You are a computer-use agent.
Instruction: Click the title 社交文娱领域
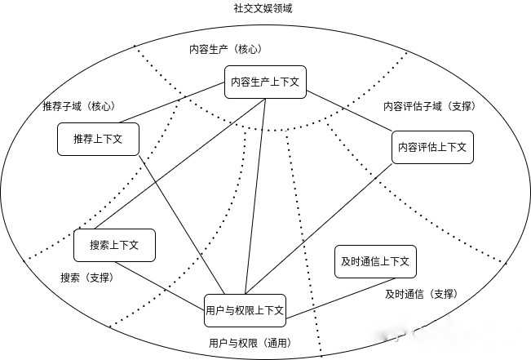point(262,8)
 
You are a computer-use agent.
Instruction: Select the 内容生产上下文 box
point(265,82)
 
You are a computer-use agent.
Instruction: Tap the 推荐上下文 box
point(97,139)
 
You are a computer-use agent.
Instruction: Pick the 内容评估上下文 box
point(432,147)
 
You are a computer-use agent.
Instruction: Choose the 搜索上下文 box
point(114,245)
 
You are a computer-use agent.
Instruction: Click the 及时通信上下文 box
point(376,261)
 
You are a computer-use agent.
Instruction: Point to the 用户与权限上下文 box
point(245,310)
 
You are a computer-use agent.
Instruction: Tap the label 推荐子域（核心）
point(79,106)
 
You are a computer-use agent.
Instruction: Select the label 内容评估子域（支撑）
point(429,106)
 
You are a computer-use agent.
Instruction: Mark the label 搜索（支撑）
point(86,278)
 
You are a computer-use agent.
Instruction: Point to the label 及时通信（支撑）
point(420,294)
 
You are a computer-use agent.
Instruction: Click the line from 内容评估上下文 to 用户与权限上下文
point(326,229)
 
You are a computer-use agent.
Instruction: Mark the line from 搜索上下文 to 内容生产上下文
point(179,163)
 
